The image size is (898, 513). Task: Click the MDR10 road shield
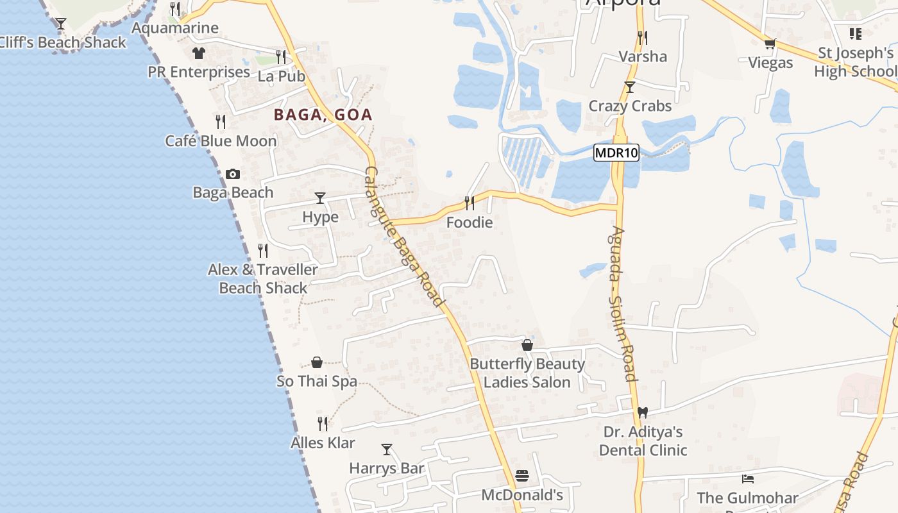(x=616, y=153)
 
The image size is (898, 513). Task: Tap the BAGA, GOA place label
(x=323, y=115)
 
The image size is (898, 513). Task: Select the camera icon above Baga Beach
(x=233, y=174)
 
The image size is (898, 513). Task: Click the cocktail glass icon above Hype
(x=320, y=198)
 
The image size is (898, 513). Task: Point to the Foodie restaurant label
(x=470, y=223)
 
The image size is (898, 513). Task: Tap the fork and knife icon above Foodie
(x=470, y=203)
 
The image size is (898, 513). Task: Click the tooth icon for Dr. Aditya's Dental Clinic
(x=643, y=412)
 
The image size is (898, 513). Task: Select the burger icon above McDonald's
(x=522, y=476)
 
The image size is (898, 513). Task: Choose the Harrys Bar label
(x=387, y=468)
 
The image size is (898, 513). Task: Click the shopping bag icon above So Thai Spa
(x=317, y=362)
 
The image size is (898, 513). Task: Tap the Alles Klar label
(x=323, y=442)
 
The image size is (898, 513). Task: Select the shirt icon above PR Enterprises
(x=199, y=53)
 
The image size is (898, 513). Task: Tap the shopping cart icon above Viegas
(x=770, y=44)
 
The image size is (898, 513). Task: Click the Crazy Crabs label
(x=630, y=106)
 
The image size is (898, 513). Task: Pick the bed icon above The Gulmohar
(x=747, y=478)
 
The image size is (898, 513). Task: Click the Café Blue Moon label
(x=221, y=140)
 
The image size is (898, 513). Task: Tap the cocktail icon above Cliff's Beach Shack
(x=61, y=24)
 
